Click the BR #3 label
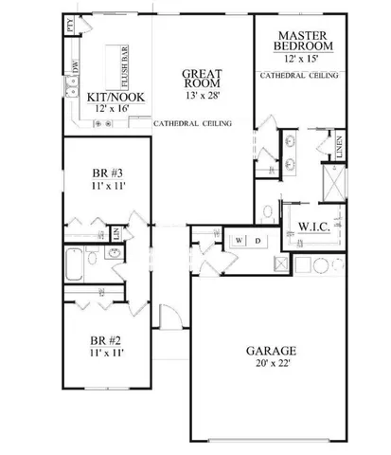104,173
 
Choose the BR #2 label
104,338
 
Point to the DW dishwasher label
76,66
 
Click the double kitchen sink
71,90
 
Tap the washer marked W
240,241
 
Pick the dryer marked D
258,241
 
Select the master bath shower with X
334,180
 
